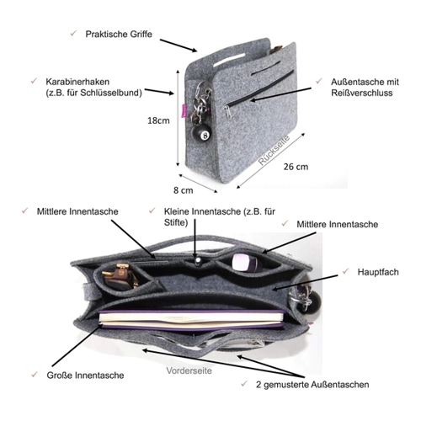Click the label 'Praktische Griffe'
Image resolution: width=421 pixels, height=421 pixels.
click(119, 35)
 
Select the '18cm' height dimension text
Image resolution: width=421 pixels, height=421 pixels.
click(158, 120)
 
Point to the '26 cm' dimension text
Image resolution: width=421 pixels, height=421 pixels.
click(296, 167)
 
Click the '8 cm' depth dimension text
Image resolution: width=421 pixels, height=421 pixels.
click(184, 190)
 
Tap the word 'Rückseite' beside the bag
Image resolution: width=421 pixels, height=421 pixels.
click(274, 150)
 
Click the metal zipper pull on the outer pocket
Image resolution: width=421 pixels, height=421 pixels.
click(228, 112)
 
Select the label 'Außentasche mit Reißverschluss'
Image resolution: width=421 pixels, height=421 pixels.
click(365, 88)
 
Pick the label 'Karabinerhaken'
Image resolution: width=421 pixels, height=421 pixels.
click(77, 82)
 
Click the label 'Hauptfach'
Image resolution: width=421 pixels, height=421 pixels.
click(378, 272)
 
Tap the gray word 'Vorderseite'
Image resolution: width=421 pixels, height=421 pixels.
click(189, 370)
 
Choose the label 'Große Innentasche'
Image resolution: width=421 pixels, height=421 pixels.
click(85, 376)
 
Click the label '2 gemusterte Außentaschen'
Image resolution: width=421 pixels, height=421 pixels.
click(312, 385)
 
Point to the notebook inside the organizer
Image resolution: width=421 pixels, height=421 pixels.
click(192, 319)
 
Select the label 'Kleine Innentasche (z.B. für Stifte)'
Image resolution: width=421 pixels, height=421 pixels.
click(220, 216)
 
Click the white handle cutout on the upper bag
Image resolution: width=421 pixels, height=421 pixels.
click(229, 60)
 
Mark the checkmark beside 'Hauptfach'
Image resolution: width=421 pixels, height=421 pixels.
click(345, 271)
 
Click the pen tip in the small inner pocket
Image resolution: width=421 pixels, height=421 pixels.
click(198, 261)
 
